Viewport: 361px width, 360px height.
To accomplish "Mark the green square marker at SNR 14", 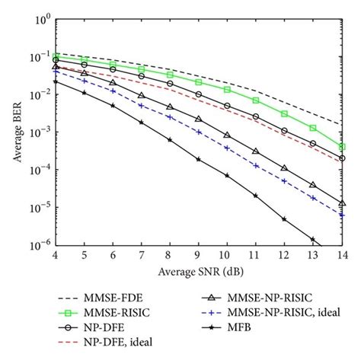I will (x=341, y=147).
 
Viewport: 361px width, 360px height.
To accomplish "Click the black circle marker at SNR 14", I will (x=341, y=159).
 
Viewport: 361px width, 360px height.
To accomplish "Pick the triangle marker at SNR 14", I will (x=341, y=203).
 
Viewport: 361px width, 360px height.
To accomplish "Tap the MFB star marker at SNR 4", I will (x=56, y=81).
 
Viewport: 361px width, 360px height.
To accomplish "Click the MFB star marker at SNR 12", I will (x=284, y=219).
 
